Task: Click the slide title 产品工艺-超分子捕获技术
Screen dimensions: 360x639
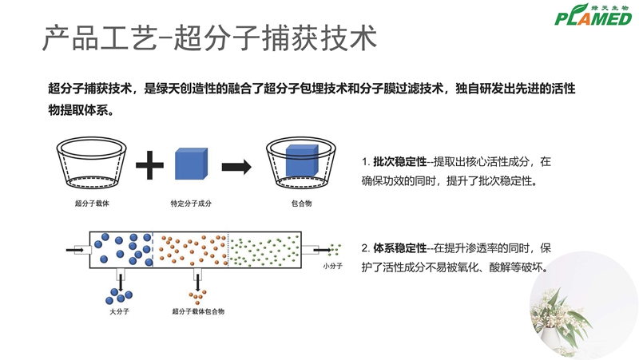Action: coord(208,38)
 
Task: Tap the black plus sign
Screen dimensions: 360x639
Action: coord(149,166)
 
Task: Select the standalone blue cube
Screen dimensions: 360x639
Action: coord(191,164)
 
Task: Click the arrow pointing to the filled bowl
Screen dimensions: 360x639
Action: coord(237,166)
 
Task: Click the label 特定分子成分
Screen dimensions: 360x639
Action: coord(190,203)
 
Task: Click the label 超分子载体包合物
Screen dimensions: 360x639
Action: coord(198,311)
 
